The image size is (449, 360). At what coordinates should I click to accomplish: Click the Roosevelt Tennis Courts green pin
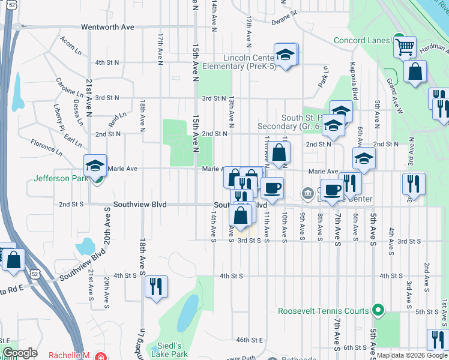[x=377, y=311]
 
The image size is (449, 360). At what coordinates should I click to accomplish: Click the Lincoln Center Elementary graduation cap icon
[x=286, y=54]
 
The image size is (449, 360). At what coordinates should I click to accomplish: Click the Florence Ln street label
[x=46, y=145]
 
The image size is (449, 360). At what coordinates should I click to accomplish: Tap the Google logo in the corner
[x=20, y=353]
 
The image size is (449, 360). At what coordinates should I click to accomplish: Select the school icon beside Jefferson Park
[x=95, y=166]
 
